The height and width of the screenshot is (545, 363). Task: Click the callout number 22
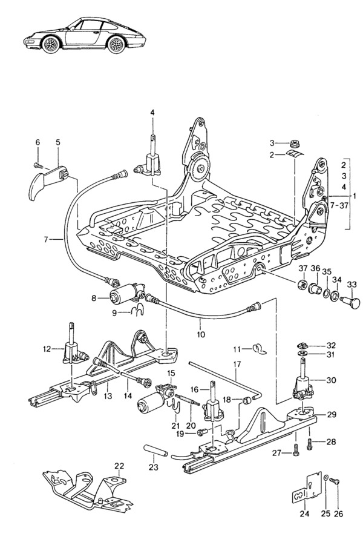119,465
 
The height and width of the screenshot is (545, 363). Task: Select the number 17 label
237,365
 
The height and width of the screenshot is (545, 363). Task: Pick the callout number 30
331,380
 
